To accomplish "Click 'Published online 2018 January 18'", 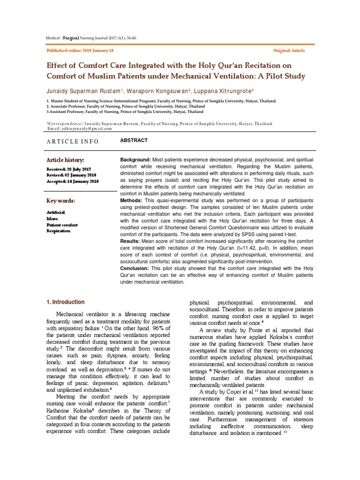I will (x=80, y=50).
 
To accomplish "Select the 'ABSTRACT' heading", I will (x=134, y=141).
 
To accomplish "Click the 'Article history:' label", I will (x=65, y=160).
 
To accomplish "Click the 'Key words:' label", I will (x=61, y=201).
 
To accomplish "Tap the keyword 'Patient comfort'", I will (x=62, y=225).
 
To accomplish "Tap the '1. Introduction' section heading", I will (x=66, y=302).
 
